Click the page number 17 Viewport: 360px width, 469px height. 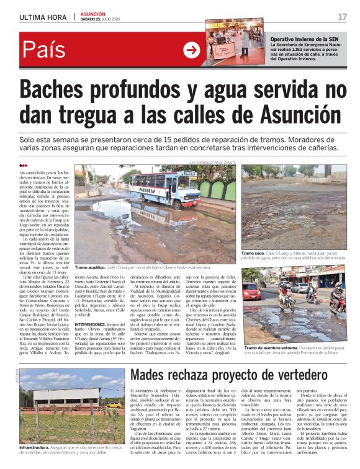[x=341, y=16]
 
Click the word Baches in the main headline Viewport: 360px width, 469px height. [x=65, y=91]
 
